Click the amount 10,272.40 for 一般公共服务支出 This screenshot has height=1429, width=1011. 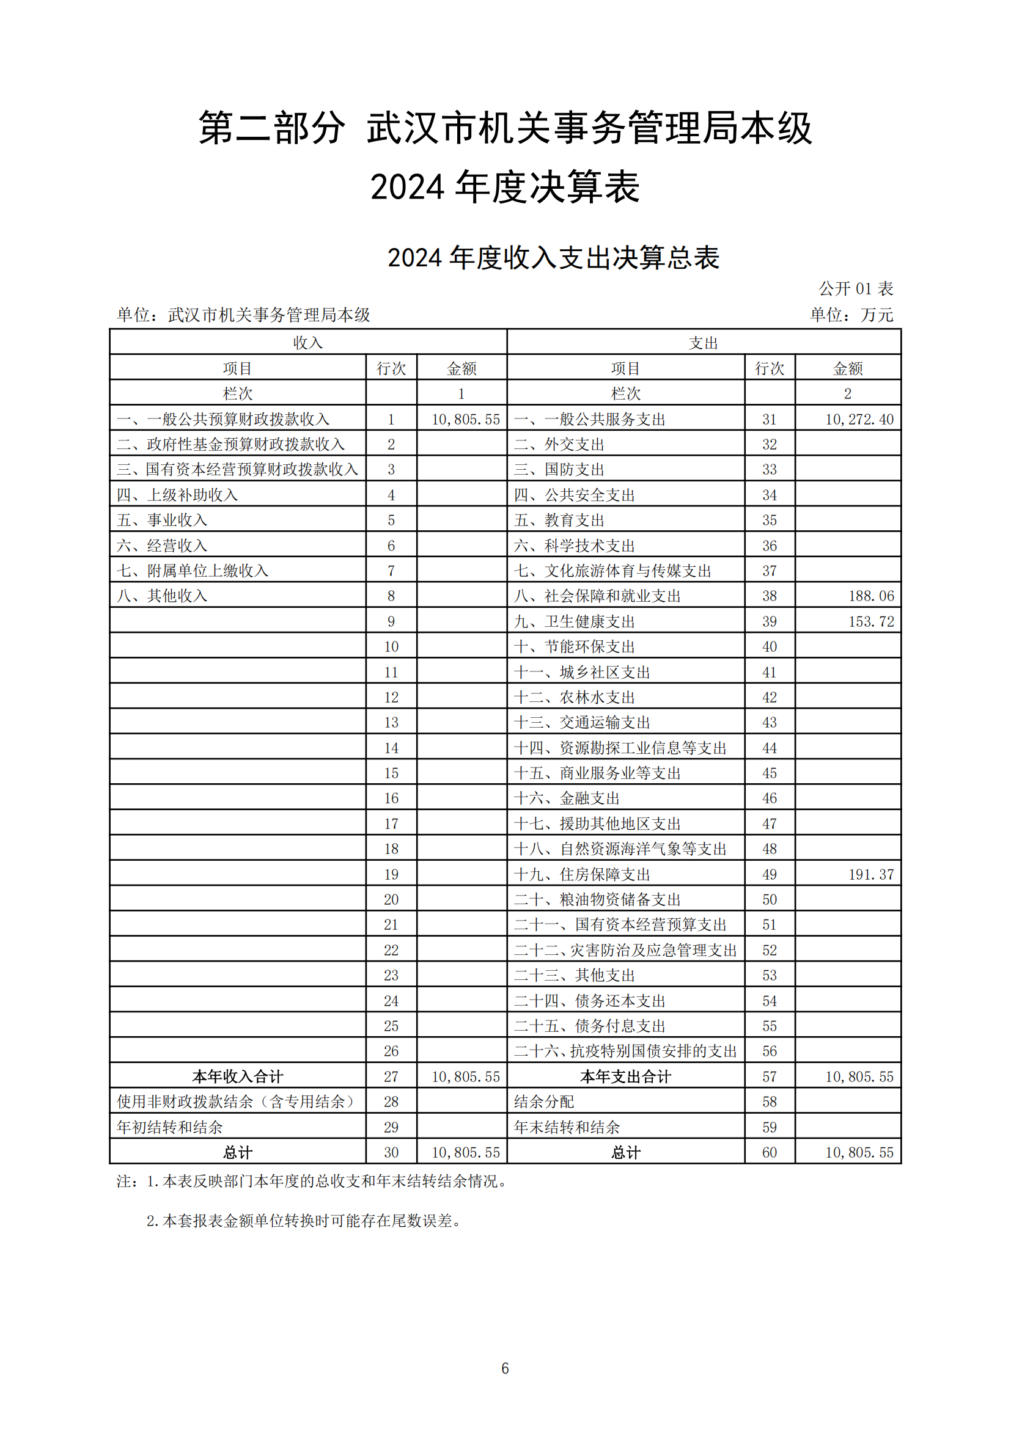click(859, 420)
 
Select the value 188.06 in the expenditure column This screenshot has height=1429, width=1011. click(871, 596)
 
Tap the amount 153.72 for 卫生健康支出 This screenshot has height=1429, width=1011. click(871, 622)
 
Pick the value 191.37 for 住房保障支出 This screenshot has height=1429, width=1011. click(871, 874)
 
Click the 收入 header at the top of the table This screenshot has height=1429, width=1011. click(307, 343)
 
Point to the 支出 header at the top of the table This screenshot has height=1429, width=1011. click(704, 343)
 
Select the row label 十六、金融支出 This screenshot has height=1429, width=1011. click(567, 799)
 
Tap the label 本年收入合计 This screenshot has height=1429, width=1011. click(237, 1076)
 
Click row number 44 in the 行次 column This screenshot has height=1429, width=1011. click(770, 748)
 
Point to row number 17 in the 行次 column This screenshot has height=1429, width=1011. click(391, 824)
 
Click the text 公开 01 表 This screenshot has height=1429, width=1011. click(856, 289)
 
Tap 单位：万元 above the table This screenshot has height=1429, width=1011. click(851, 315)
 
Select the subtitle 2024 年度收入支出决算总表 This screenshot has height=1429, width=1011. click(553, 258)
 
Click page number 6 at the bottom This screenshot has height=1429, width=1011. click(505, 1368)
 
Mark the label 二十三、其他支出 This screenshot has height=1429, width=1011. click(574, 975)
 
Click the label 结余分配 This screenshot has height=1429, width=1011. click(543, 1102)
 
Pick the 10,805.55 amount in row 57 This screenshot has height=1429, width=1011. click(859, 1076)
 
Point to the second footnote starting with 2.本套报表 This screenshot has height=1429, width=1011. click(305, 1221)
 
